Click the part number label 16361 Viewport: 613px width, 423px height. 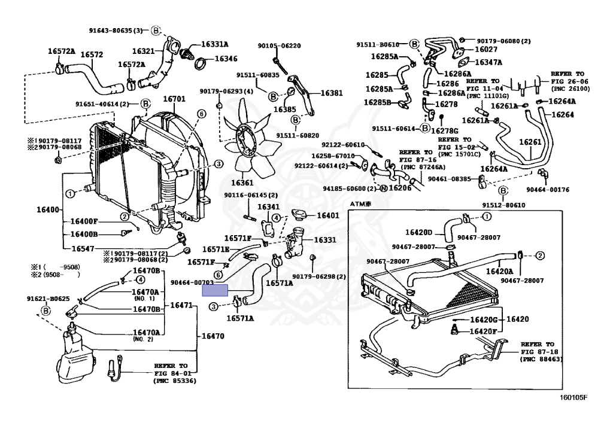[243, 182]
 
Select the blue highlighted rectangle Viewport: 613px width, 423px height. [215, 291]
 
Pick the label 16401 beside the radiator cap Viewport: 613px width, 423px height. [327, 215]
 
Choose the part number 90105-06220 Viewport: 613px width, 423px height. [279, 45]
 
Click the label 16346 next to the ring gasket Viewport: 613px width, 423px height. [226, 59]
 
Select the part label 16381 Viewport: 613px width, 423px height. [332, 93]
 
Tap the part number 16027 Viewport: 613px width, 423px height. [486, 50]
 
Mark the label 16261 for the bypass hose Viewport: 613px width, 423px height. [530, 142]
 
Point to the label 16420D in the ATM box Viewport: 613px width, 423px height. [418, 232]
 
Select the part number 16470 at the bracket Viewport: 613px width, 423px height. [213, 336]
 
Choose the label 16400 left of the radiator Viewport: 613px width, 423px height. [48, 210]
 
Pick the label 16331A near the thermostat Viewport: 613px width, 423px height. [214, 44]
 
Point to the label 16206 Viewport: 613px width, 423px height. [400, 187]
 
